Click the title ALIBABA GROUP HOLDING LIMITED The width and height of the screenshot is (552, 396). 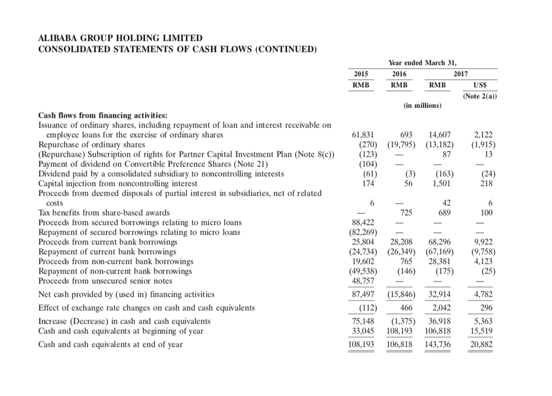[120, 38]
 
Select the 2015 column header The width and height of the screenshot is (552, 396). [361, 74]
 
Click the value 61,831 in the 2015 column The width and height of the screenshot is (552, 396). [364, 135]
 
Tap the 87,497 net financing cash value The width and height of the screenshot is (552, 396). [364, 294]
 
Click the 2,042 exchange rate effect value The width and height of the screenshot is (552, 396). [440, 307]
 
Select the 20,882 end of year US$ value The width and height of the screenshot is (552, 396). [481, 344]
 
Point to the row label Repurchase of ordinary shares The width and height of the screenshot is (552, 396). [91, 144]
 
